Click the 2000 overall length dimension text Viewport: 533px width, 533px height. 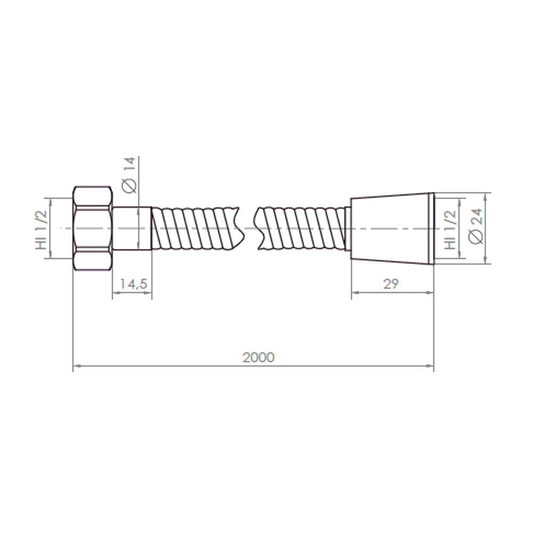[259, 357]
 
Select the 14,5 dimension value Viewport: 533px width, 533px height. [133, 284]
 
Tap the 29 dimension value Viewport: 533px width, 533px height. [391, 284]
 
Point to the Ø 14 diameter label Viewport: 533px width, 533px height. [130, 175]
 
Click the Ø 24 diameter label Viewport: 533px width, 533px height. [475, 226]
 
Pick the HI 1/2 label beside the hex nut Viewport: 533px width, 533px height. [41, 230]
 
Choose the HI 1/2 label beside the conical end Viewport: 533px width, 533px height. [450, 230]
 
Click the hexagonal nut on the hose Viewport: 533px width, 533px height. [92, 229]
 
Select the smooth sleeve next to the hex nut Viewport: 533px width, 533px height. [132, 229]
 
